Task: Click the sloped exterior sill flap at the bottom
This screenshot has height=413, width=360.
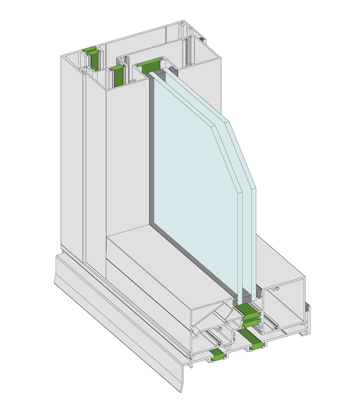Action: [x=116, y=318]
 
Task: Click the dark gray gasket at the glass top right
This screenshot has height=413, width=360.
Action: [x=173, y=71]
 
